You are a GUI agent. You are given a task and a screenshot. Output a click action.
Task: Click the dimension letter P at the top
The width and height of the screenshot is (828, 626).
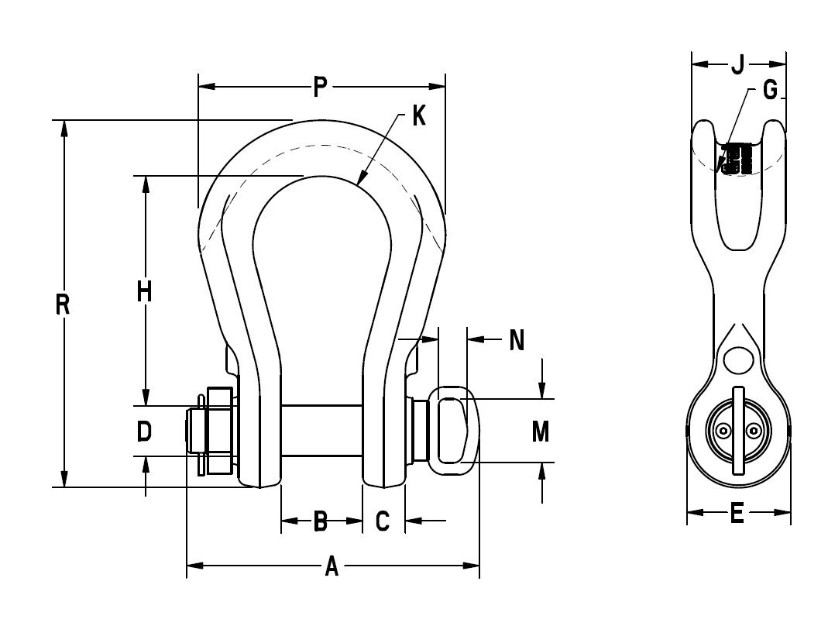pyautogui.click(x=320, y=88)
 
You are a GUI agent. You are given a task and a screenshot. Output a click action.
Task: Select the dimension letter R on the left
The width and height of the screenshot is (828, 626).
pyautogui.click(x=64, y=304)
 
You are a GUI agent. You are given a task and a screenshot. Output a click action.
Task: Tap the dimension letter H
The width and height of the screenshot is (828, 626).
pyautogui.click(x=144, y=291)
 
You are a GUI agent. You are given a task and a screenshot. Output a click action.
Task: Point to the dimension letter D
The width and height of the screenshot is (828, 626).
pyautogui.click(x=143, y=432)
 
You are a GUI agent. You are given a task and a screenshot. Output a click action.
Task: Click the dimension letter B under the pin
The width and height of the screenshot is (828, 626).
pyautogui.click(x=321, y=522)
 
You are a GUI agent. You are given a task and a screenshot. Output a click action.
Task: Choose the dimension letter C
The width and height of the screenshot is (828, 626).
pyautogui.click(x=382, y=522)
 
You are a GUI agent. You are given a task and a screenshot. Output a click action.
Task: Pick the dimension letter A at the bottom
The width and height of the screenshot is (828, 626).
pyautogui.click(x=332, y=567)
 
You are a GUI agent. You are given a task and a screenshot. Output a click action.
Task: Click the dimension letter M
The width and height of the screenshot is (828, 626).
pyautogui.click(x=541, y=432)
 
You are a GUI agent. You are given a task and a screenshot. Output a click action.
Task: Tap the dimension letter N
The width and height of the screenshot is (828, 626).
pyautogui.click(x=517, y=340)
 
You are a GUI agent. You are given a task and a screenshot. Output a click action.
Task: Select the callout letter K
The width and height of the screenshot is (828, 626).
pyautogui.click(x=418, y=116)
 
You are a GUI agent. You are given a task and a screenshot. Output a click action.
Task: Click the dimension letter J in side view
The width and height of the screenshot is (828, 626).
pyautogui.click(x=737, y=64)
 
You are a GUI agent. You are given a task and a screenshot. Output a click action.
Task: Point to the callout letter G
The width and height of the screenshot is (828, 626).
pyautogui.click(x=769, y=91)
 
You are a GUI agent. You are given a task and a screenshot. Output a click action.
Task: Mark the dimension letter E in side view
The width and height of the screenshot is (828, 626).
pyautogui.click(x=737, y=513)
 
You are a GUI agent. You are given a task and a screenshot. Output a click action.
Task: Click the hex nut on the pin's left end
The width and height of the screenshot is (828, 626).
pyautogui.click(x=218, y=430)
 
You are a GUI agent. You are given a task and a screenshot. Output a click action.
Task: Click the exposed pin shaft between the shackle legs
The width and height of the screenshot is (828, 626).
pyautogui.click(x=321, y=430)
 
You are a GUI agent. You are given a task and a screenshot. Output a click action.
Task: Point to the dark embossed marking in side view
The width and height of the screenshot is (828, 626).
pyautogui.click(x=736, y=158)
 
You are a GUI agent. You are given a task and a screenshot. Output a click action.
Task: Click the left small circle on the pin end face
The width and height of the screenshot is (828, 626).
pyautogui.click(x=723, y=432)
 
